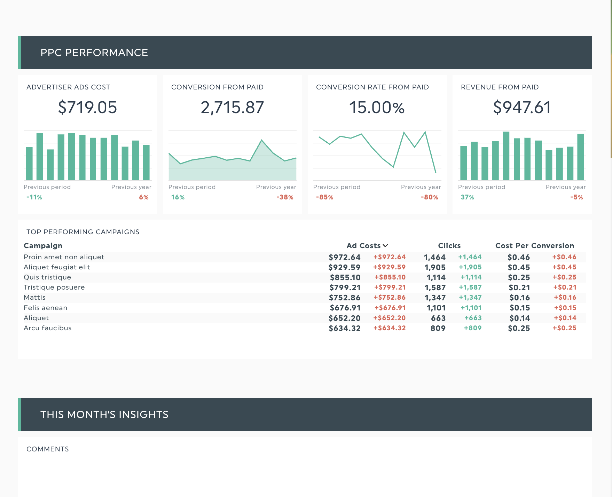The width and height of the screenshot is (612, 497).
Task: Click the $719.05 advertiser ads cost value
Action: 87,107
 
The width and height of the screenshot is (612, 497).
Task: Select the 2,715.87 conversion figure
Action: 232,107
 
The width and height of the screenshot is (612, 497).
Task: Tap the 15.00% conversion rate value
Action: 377,107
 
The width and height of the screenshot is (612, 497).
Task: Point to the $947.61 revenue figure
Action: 522,107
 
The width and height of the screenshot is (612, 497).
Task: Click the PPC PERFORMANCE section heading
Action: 94,53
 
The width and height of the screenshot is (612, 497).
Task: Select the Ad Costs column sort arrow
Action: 385,246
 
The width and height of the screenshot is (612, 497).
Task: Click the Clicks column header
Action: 449,246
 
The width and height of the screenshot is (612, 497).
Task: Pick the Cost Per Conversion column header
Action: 534,246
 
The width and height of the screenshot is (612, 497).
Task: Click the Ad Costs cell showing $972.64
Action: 344,257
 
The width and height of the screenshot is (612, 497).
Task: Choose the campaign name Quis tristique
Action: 47,277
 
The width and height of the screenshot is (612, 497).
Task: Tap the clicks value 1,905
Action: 435,267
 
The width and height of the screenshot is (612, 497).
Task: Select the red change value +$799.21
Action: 390,287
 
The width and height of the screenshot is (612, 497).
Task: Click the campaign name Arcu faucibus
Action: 47,328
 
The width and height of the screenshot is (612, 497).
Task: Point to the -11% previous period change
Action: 34,197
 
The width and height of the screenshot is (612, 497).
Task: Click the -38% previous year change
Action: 285,197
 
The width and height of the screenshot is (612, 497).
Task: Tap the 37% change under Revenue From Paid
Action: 467,197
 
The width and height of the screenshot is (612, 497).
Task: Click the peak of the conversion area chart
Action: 262,140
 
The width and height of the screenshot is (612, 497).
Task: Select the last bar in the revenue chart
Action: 580,157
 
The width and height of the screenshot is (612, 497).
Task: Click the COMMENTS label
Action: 48,449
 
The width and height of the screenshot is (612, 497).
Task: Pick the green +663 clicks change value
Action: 473,318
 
